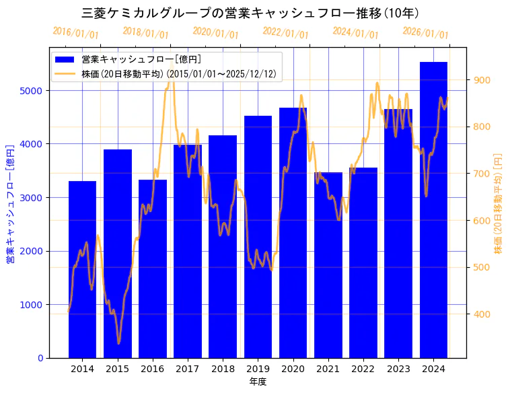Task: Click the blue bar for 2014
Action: [x=82, y=269]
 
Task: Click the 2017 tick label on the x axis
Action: [x=188, y=369]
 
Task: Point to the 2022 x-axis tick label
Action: [x=363, y=369]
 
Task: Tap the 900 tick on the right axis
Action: [x=483, y=80]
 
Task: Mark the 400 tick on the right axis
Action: [x=483, y=314]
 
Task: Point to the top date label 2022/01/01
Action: [x=285, y=33]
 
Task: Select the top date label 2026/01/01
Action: [x=425, y=33]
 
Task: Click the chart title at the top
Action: [x=255, y=13]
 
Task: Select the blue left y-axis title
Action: [x=10, y=203]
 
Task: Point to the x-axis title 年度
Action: [x=258, y=382]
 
